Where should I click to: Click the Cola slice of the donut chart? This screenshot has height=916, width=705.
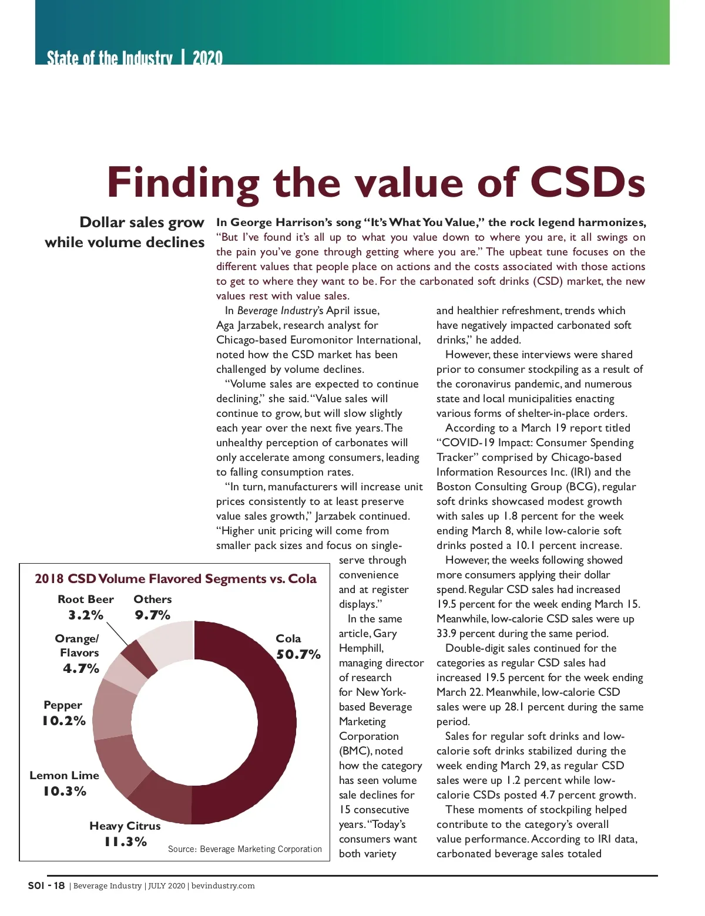coord(270,722)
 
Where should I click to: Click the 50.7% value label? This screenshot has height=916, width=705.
coord(298,654)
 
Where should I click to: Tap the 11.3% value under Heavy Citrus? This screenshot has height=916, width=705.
coord(125,841)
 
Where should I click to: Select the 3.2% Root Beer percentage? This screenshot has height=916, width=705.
coord(86,615)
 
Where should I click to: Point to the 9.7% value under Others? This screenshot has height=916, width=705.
coord(153,615)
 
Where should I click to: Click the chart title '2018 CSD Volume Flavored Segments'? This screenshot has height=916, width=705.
coord(175,579)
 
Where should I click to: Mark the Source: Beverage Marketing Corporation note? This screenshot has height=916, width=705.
coord(244,849)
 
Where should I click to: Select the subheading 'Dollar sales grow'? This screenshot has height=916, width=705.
coord(142,223)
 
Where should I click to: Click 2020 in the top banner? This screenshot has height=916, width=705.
coord(207,58)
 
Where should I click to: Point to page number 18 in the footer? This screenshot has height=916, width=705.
coord(59,885)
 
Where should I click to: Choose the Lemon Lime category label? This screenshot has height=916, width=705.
coord(64,775)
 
